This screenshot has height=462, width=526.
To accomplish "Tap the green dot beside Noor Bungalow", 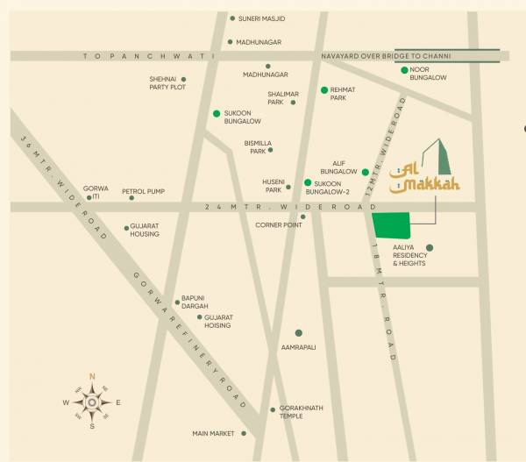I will (404, 70).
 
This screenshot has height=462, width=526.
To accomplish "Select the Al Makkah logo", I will (424, 173).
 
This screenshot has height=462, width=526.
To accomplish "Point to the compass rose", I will (91, 402).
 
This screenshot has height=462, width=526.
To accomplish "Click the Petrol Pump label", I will (145, 190).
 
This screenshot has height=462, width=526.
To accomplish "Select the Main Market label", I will (213, 433).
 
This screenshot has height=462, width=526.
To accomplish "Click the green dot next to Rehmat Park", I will (323, 89).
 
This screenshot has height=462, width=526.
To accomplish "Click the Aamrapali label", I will (299, 347).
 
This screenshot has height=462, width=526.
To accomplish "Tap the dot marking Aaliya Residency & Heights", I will (429, 247).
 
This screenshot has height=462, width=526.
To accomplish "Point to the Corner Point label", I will (279, 224).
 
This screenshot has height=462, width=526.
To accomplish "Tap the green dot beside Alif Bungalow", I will (365, 173).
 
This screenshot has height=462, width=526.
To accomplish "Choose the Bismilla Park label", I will (259, 146).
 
